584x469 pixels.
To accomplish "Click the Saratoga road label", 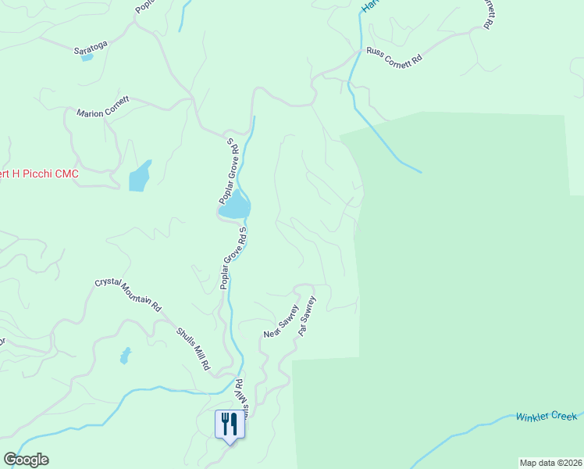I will (89, 49).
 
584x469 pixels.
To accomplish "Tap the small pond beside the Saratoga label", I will (87, 58).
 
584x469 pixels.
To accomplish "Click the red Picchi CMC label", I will (39, 174).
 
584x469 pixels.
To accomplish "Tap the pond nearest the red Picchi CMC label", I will (139, 177).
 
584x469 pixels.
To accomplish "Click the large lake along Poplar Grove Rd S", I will (235, 209).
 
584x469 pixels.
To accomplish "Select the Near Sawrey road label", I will (281, 321).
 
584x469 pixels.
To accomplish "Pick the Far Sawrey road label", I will (307, 315).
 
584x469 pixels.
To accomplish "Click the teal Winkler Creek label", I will (546, 417).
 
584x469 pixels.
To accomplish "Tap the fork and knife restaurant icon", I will (229, 424).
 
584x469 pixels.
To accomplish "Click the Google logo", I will (26, 460).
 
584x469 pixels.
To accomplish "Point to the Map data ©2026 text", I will (550, 462).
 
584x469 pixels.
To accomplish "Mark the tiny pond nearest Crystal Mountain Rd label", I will (125, 356).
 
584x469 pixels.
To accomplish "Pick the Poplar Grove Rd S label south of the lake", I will (233, 259).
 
